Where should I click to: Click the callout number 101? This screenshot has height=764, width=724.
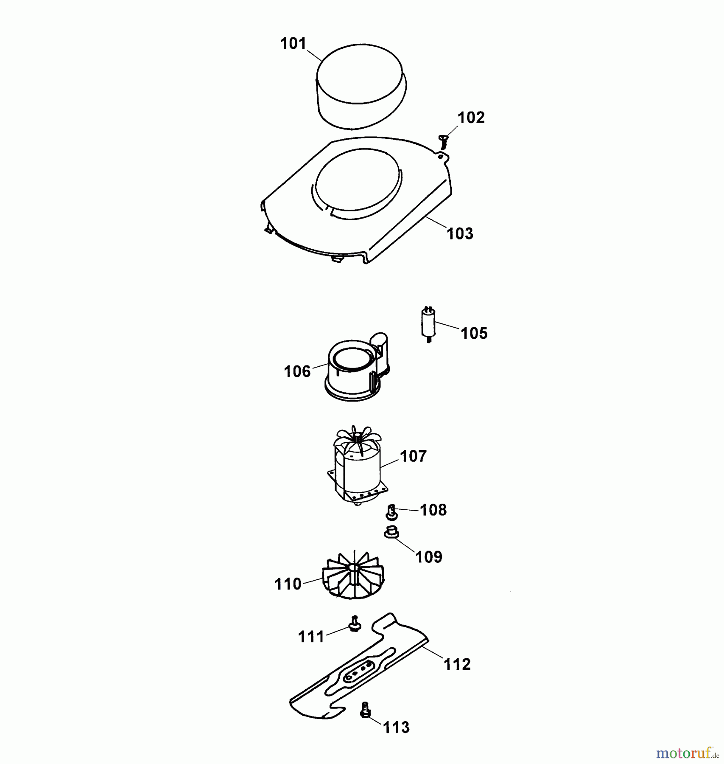[x=293, y=44]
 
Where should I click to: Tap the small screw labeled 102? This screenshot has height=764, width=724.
[x=444, y=141]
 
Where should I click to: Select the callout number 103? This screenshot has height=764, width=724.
[x=460, y=233]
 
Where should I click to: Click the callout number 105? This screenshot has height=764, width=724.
[x=474, y=333]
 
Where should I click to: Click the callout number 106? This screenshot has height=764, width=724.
[x=297, y=371]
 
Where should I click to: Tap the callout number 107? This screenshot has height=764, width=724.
[x=413, y=456]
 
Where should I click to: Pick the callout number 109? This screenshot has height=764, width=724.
[x=429, y=557]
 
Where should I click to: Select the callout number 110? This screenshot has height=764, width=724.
[x=288, y=584]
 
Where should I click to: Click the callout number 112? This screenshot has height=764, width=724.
[x=457, y=664]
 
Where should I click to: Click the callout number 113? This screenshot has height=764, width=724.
[x=396, y=727]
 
